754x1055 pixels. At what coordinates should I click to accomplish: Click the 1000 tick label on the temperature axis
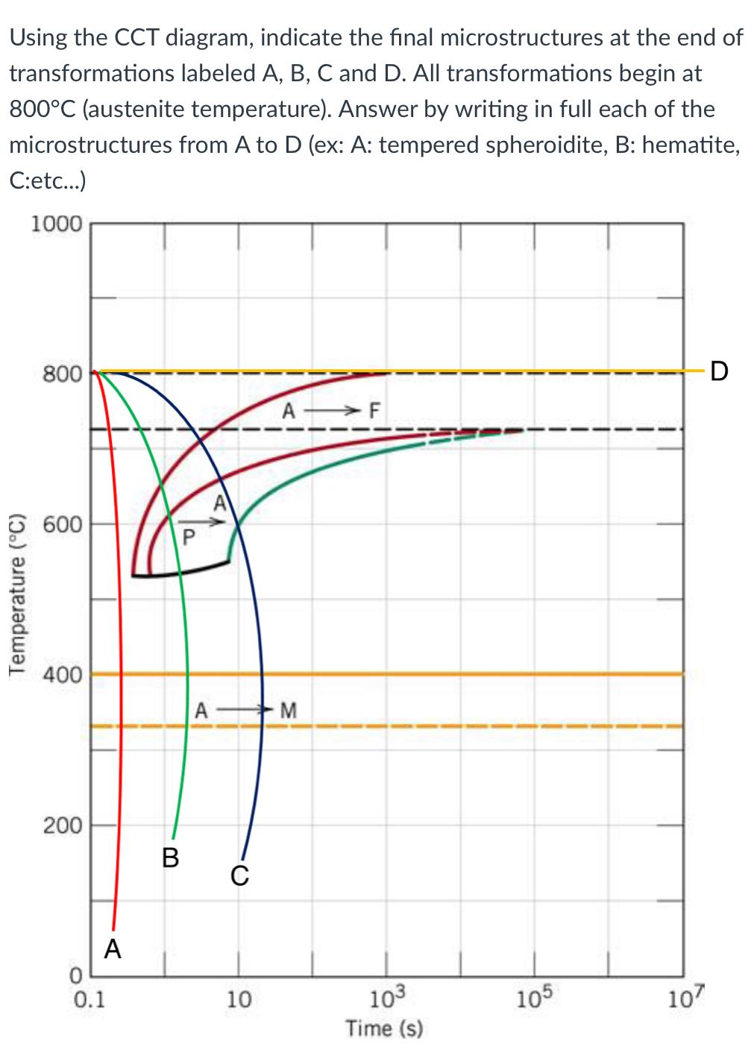(x=57, y=223)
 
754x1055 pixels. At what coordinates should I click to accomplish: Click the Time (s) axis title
(x=385, y=1029)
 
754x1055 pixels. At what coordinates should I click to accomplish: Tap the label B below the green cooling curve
(x=171, y=858)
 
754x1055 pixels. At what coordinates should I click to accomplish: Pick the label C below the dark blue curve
(x=239, y=875)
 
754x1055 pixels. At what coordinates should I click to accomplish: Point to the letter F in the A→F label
(x=374, y=410)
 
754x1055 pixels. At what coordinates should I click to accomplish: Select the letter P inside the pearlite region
(x=189, y=535)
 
